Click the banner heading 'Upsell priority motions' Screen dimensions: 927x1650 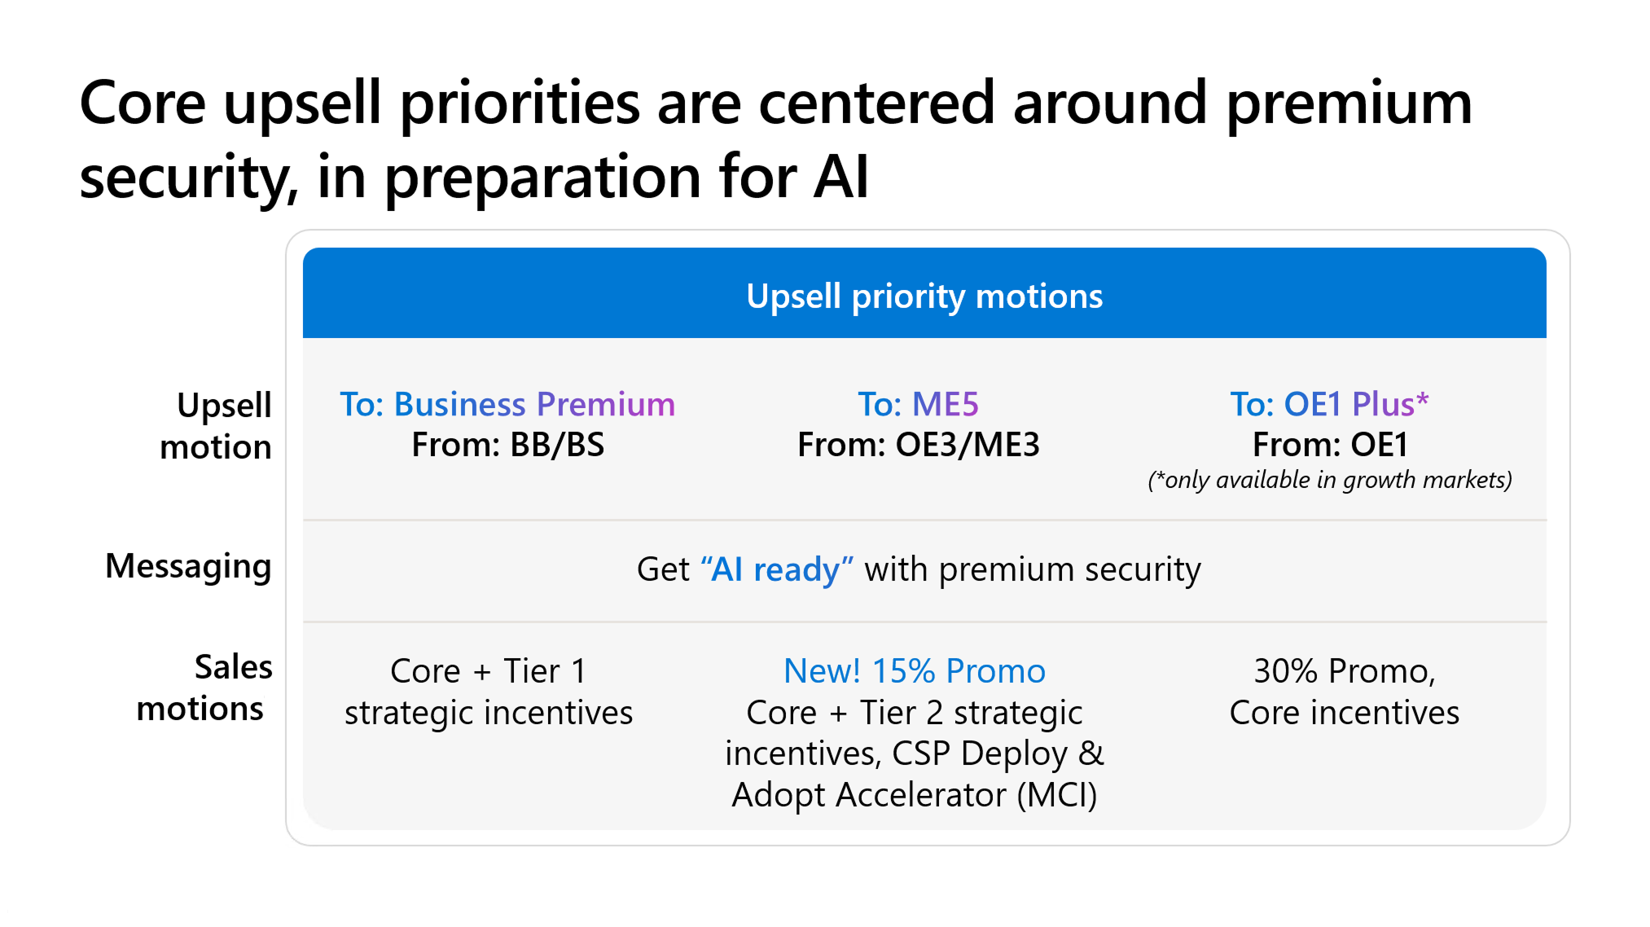pos(924,297)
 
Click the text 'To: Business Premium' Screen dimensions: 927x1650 pos(507,404)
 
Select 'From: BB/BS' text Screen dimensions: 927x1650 pos(507,445)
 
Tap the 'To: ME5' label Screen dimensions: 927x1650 pos(918,404)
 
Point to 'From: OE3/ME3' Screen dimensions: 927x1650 pos(918,445)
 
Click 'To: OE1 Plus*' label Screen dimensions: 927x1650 pos(1329,404)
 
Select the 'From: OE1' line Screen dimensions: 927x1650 pos(1329,445)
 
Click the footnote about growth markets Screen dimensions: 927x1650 pos(1329,480)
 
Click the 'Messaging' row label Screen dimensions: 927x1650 pos(188,566)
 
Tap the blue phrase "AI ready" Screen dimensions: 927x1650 pos(777,569)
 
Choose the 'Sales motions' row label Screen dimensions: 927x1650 pos(204,688)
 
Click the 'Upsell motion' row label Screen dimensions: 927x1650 pos(217,425)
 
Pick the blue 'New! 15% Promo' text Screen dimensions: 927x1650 pos(914,671)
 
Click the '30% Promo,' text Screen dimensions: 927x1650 pos(1344,671)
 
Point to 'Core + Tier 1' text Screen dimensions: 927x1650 pos(488,671)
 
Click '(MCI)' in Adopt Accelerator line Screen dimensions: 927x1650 pos(1057,795)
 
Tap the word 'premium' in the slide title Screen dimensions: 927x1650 pos(1349,103)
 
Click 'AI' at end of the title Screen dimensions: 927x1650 pos(840,177)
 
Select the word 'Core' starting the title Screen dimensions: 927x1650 pos(143,103)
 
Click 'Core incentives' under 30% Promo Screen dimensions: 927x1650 pos(1344,713)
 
